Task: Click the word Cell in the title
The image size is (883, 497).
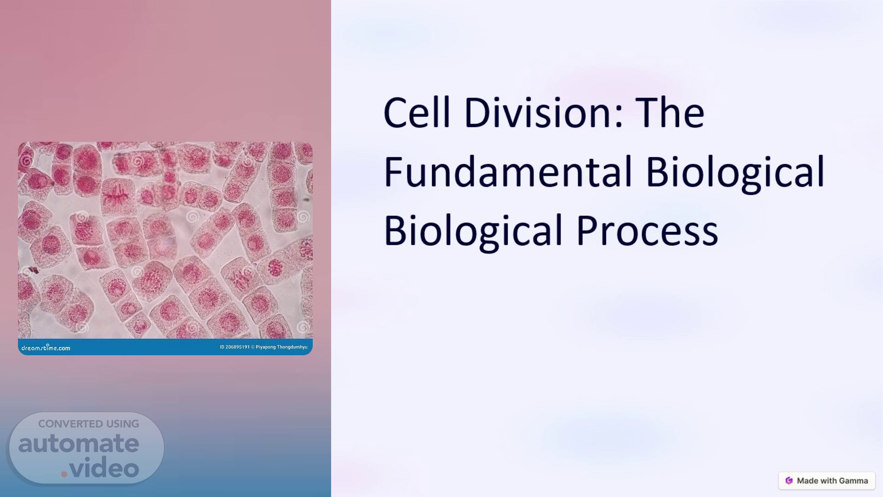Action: click(x=417, y=112)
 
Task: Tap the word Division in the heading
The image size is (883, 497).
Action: click(x=538, y=112)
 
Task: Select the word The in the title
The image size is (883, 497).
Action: click(x=670, y=112)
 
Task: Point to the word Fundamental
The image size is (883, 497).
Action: click(x=508, y=171)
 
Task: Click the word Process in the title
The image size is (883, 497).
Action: click(x=647, y=230)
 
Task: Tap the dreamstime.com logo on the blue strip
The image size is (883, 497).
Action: click(x=46, y=348)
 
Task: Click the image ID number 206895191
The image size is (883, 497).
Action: click(x=237, y=347)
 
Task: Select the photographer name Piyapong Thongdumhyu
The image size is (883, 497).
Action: click(x=281, y=347)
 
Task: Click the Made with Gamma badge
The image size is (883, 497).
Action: click(x=826, y=480)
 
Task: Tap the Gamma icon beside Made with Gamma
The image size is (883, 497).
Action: click(x=789, y=480)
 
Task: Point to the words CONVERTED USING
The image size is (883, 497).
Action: click(x=88, y=424)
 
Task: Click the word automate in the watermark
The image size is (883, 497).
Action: click(x=79, y=444)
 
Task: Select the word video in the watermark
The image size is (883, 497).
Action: click(x=104, y=468)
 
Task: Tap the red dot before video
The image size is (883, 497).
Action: click(x=64, y=474)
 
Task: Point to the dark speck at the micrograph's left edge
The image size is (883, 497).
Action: click(x=33, y=270)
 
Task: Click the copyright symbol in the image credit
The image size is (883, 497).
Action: click(x=252, y=347)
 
